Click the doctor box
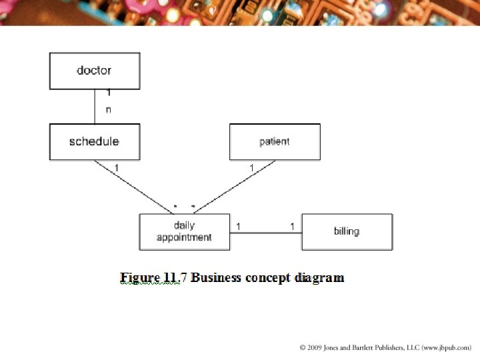[94, 71]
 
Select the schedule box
[94, 141]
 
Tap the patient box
[274, 141]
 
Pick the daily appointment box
[184, 231]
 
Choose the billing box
[347, 231]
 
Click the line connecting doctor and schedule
[95, 107]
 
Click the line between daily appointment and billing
[265, 233]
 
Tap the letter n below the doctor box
[109, 110]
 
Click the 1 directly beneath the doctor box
[109, 93]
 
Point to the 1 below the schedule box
[117, 167]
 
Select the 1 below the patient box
[251, 167]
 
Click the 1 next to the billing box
[292, 227]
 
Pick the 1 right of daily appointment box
[238, 227]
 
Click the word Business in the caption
[217, 277]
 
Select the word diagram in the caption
[320, 277]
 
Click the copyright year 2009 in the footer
[318, 348]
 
